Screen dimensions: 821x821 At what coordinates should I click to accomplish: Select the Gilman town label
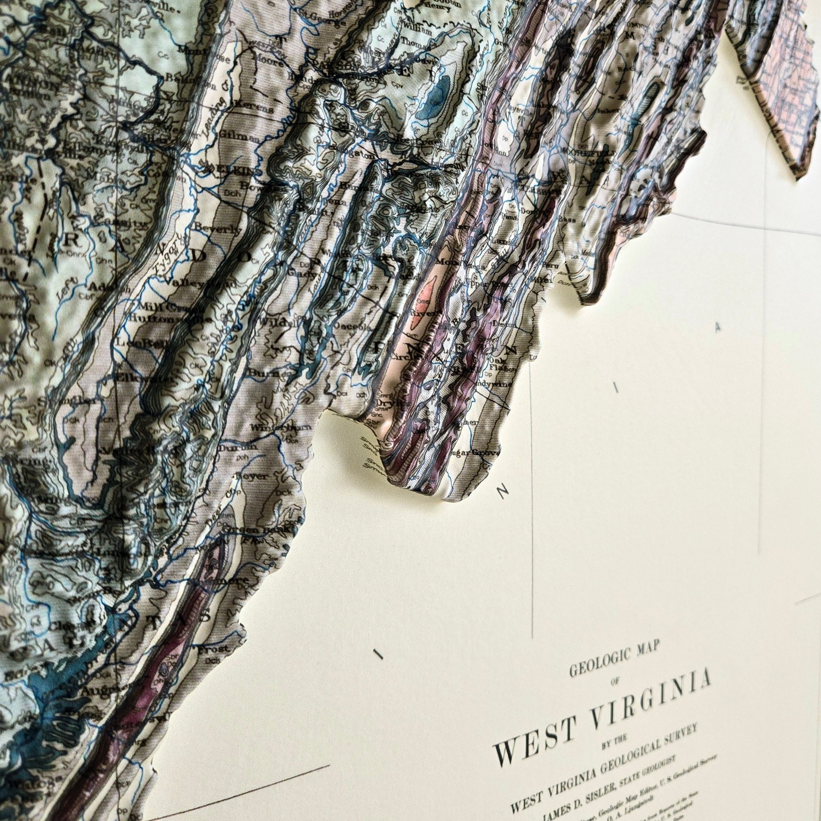(x=235, y=137)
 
